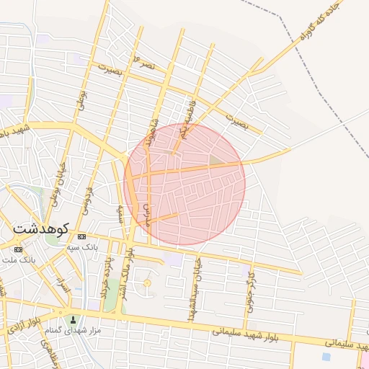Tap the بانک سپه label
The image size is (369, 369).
(101, 247)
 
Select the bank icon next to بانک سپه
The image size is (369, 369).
(81, 236)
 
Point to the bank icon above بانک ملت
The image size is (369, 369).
(18, 249)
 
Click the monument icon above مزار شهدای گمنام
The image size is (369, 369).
(71, 319)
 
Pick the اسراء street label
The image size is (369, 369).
(64, 288)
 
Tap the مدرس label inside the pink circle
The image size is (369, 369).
(148, 215)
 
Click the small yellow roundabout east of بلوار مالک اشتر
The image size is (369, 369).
(147, 283)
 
